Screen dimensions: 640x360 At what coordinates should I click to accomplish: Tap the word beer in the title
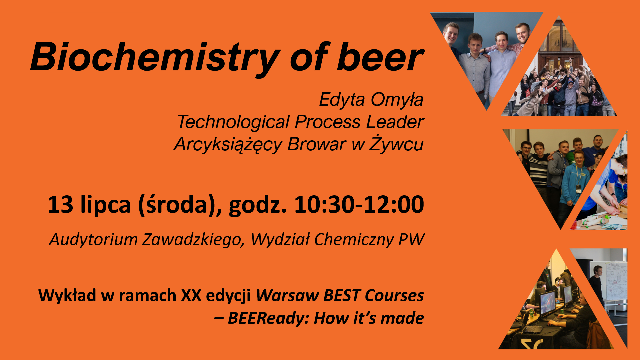pos(380,57)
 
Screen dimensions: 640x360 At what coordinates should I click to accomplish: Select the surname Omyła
pos(397,100)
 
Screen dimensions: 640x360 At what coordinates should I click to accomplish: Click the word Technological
pos(233,122)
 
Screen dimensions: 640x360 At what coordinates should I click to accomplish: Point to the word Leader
pos(395,122)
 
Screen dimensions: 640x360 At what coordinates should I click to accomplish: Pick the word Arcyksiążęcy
pos(228,145)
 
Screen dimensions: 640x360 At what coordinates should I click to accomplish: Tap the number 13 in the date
pos(60,204)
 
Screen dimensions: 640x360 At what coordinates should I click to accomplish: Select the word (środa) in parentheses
pos(180,204)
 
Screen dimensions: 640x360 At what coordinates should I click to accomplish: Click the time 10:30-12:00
pos(359,204)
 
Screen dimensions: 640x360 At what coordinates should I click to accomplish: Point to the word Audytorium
pos(93,240)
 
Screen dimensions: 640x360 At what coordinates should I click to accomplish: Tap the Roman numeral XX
pos(191,295)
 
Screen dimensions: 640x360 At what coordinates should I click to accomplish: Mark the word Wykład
pos(67,295)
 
